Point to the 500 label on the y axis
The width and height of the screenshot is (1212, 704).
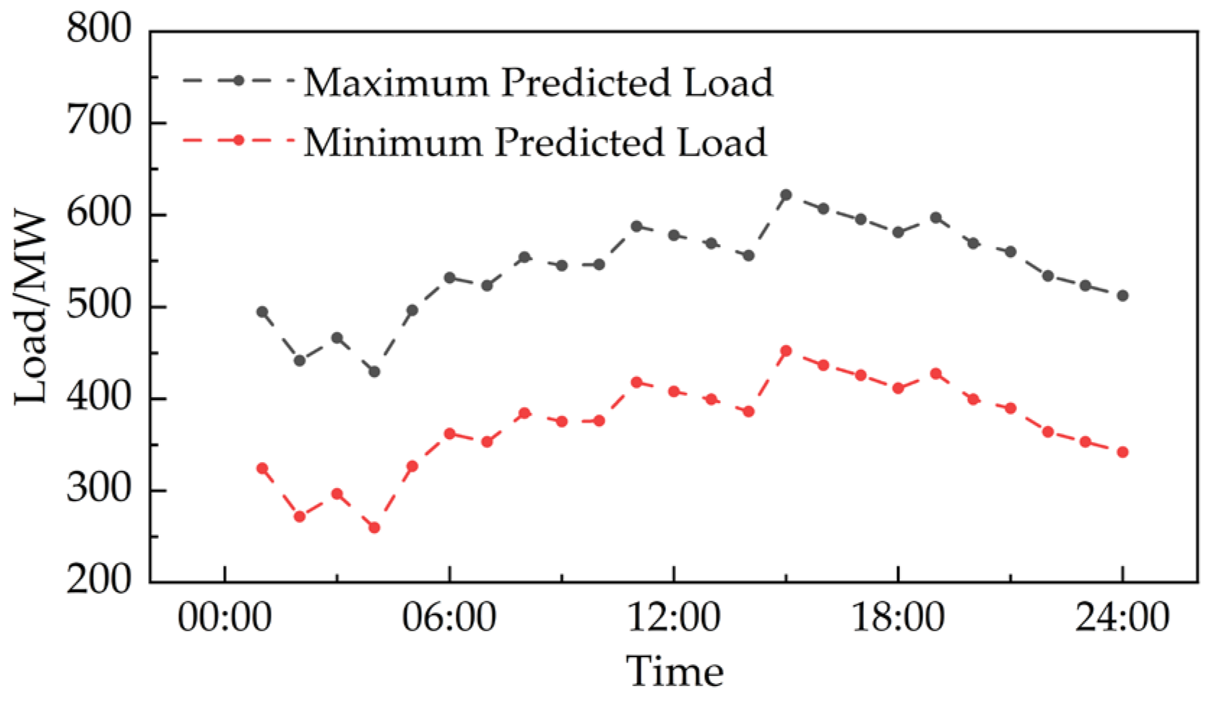click(x=99, y=305)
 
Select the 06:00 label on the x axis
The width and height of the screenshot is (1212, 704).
click(x=449, y=617)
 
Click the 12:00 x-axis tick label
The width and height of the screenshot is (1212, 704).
click(x=674, y=617)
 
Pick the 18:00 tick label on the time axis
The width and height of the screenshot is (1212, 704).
click(x=899, y=617)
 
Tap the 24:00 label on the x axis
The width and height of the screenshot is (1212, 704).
click(x=1122, y=617)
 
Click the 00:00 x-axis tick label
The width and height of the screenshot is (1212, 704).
click(x=225, y=617)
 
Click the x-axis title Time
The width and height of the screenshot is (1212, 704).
click(x=675, y=671)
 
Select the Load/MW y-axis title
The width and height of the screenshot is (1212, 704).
click(x=31, y=308)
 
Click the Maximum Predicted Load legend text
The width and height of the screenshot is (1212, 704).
click(x=538, y=83)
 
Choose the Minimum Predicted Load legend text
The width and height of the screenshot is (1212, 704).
click(x=535, y=142)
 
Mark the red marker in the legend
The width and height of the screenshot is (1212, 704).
click(x=238, y=141)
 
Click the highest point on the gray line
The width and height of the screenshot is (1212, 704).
click(x=786, y=195)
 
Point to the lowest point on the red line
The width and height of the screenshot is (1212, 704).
click(x=374, y=528)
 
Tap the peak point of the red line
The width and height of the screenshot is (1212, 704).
click(x=786, y=351)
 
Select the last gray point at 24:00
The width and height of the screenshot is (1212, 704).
click(x=1122, y=296)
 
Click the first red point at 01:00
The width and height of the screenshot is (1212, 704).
click(x=262, y=469)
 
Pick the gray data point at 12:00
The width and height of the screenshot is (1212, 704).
click(x=674, y=235)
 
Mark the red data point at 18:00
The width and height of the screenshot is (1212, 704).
click(x=899, y=388)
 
